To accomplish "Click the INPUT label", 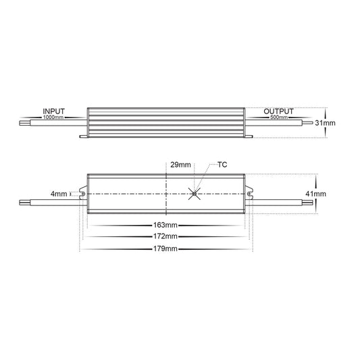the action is coord(54,111).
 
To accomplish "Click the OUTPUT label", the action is coord(278,111).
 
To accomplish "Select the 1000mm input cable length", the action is coord(53,117).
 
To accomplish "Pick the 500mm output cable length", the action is coord(279,117).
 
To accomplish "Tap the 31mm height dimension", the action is coord(325,123).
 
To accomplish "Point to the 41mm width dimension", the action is coord(315,194).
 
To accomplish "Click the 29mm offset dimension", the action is coord(180,165).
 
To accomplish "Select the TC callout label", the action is coord(222,165).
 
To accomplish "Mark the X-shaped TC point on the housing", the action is coord(195,194).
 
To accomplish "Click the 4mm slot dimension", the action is coord(59,194).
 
